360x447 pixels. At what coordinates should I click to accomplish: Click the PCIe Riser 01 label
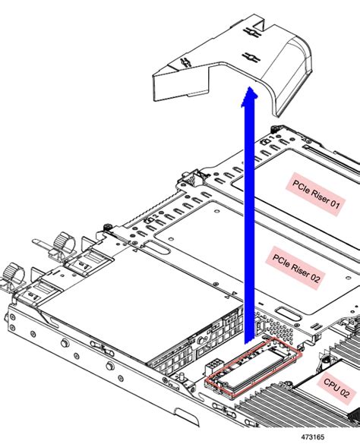(x=316, y=194)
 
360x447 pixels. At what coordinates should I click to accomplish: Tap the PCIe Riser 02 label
(x=295, y=268)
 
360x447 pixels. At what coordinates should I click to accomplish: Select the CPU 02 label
(x=336, y=389)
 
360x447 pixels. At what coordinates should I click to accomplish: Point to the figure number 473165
(x=313, y=437)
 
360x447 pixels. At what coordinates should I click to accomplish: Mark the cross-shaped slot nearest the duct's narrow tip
(x=186, y=62)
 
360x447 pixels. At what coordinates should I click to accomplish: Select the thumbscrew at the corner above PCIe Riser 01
(x=275, y=128)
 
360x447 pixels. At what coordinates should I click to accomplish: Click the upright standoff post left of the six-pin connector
(x=181, y=378)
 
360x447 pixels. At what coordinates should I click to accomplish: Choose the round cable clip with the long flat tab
(x=61, y=243)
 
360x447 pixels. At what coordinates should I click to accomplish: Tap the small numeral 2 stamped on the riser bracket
(x=156, y=217)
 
